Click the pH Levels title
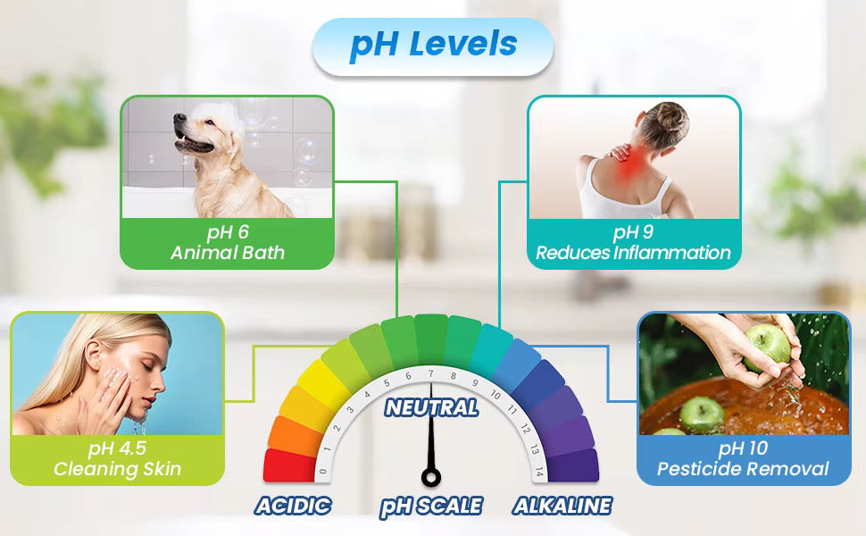click(x=434, y=44)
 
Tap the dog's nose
click(x=178, y=117)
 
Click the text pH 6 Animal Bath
click(x=228, y=242)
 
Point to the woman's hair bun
click(x=672, y=117)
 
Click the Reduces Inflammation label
click(x=633, y=253)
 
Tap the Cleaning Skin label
click(x=117, y=469)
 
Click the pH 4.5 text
click(x=117, y=448)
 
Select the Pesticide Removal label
click(x=743, y=469)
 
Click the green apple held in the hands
click(x=767, y=348)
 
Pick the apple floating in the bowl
click(x=701, y=415)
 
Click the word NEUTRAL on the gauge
click(x=431, y=407)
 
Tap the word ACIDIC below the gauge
click(x=293, y=506)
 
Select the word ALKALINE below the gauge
click(x=562, y=506)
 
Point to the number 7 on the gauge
click(x=431, y=374)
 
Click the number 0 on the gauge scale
click(x=323, y=472)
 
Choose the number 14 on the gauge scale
click(x=539, y=472)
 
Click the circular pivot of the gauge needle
click(x=431, y=477)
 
